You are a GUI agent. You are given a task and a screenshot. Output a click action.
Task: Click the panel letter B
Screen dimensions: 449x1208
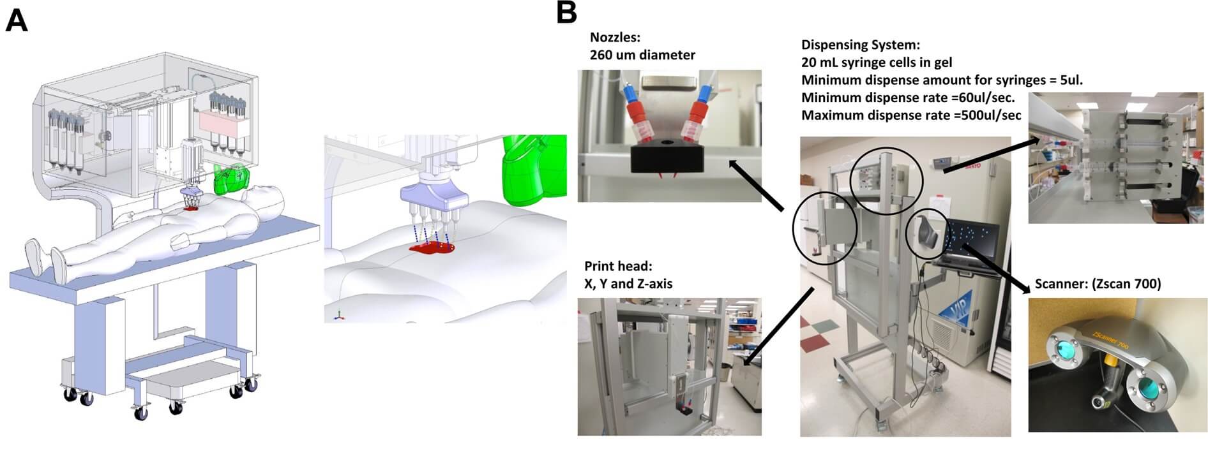(x=566, y=13)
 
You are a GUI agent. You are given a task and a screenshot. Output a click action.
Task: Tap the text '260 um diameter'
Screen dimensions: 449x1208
(x=642, y=55)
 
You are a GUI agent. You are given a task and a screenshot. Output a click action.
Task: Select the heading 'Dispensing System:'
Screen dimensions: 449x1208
(x=860, y=45)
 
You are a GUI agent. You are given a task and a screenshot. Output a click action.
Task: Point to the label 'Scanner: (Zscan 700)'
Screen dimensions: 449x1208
(x=1098, y=284)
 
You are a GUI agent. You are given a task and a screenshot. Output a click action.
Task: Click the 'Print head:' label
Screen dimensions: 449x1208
(x=618, y=266)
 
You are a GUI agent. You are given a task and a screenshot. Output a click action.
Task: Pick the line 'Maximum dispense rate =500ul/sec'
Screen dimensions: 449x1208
(x=910, y=115)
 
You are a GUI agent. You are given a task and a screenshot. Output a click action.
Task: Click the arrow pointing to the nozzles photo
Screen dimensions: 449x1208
(x=757, y=185)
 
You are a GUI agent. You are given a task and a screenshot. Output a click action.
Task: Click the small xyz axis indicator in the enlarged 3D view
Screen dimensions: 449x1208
(x=339, y=314)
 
